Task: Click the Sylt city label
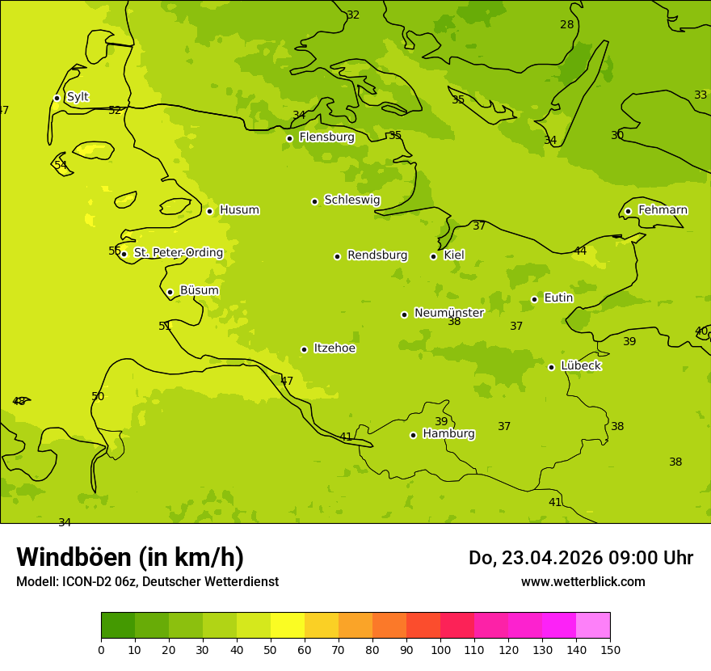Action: click(x=78, y=97)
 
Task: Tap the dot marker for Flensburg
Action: click(x=289, y=138)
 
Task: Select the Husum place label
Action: click(x=239, y=210)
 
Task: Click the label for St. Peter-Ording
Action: click(x=178, y=253)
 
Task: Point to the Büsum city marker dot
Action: click(x=170, y=292)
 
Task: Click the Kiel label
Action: click(x=454, y=255)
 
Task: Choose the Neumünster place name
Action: click(x=448, y=313)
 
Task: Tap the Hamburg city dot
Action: click(x=413, y=435)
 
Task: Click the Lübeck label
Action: click(x=580, y=366)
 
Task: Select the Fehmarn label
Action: click(x=663, y=210)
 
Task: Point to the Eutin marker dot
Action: click(x=534, y=299)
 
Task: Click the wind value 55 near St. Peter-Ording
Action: click(x=115, y=251)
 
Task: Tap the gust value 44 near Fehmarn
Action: click(x=580, y=251)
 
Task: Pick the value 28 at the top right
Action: click(x=567, y=25)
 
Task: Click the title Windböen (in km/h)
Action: click(x=130, y=557)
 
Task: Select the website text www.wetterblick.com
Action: click(x=583, y=582)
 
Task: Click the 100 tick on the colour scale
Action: click(x=440, y=649)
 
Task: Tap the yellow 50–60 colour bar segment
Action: click(x=288, y=626)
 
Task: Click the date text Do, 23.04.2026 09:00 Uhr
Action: click(x=580, y=558)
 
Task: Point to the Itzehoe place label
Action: click(x=334, y=348)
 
